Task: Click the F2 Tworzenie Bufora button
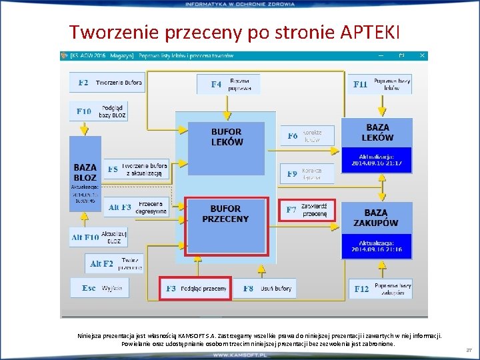point(107,83)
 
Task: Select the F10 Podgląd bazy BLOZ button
point(99,111)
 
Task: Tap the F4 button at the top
point(228,84)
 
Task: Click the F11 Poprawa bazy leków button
point(381,84)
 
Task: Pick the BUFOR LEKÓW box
point(227,137)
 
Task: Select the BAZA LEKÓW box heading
point(377,132)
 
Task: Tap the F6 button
point(306,136)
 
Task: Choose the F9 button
point(306,173)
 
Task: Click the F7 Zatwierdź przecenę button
point(306,210)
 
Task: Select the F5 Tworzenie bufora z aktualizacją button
point(136,169)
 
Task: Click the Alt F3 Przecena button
point(137,207)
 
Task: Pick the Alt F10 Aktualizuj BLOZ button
point(99,237)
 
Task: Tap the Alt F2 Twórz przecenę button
point(115,264)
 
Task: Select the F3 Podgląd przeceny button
point(195,288)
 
